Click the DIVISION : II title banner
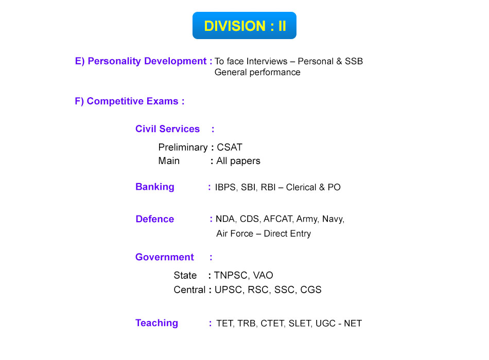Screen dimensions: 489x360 point(244,26)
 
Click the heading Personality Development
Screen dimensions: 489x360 point(147,61)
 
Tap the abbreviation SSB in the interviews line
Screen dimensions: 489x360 point(354,61)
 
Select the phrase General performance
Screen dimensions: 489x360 point(257,73)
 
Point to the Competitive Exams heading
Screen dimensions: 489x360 point(132,101)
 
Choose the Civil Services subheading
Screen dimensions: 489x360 point(167,129)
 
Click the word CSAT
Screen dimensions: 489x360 point(230,147)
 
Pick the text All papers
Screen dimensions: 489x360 point(238,161)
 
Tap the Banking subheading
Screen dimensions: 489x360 point(155,187)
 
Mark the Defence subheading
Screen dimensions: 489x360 point(155,219)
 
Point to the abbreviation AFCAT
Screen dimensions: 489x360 point(278,219)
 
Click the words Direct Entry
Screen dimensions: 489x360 point(287,234)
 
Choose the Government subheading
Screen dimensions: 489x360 point(164,257)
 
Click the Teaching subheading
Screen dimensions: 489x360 point(156,323)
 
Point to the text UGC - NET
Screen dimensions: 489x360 point(339,323)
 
